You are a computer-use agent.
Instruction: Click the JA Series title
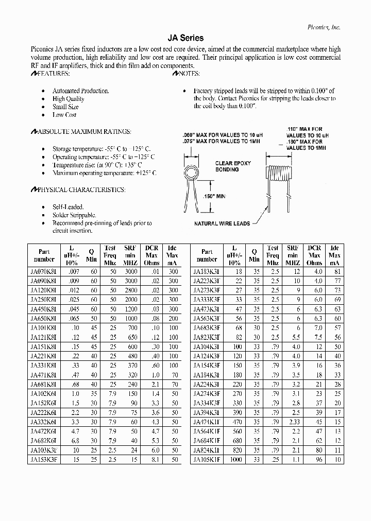(x=185, y=38)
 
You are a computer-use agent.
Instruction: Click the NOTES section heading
(x=190, y=74)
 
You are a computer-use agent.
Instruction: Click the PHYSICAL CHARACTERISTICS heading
(x=77, y=190)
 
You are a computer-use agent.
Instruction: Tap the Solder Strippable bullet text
(x=74, y=215)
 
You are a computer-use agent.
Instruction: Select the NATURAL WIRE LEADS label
(x=222, y=223)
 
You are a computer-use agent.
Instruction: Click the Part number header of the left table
(x=43, y=255)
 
